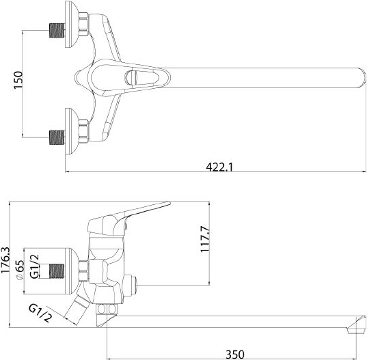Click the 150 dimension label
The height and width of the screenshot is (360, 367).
click(18, 80)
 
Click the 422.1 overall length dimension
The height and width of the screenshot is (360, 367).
click(219, 167)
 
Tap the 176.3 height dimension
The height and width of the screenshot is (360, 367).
click(5, 260)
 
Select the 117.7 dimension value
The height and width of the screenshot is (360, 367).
click(204, 239)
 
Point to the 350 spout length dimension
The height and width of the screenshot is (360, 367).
click(235, 354)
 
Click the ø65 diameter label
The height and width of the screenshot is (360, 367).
click(20, 270)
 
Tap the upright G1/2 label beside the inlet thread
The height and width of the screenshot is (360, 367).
click(34, 266)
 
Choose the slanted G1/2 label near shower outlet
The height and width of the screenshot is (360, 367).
click(40, 313)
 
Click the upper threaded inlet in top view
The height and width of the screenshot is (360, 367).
click(57, 31)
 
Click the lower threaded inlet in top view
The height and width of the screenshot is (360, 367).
click(57, 137)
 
